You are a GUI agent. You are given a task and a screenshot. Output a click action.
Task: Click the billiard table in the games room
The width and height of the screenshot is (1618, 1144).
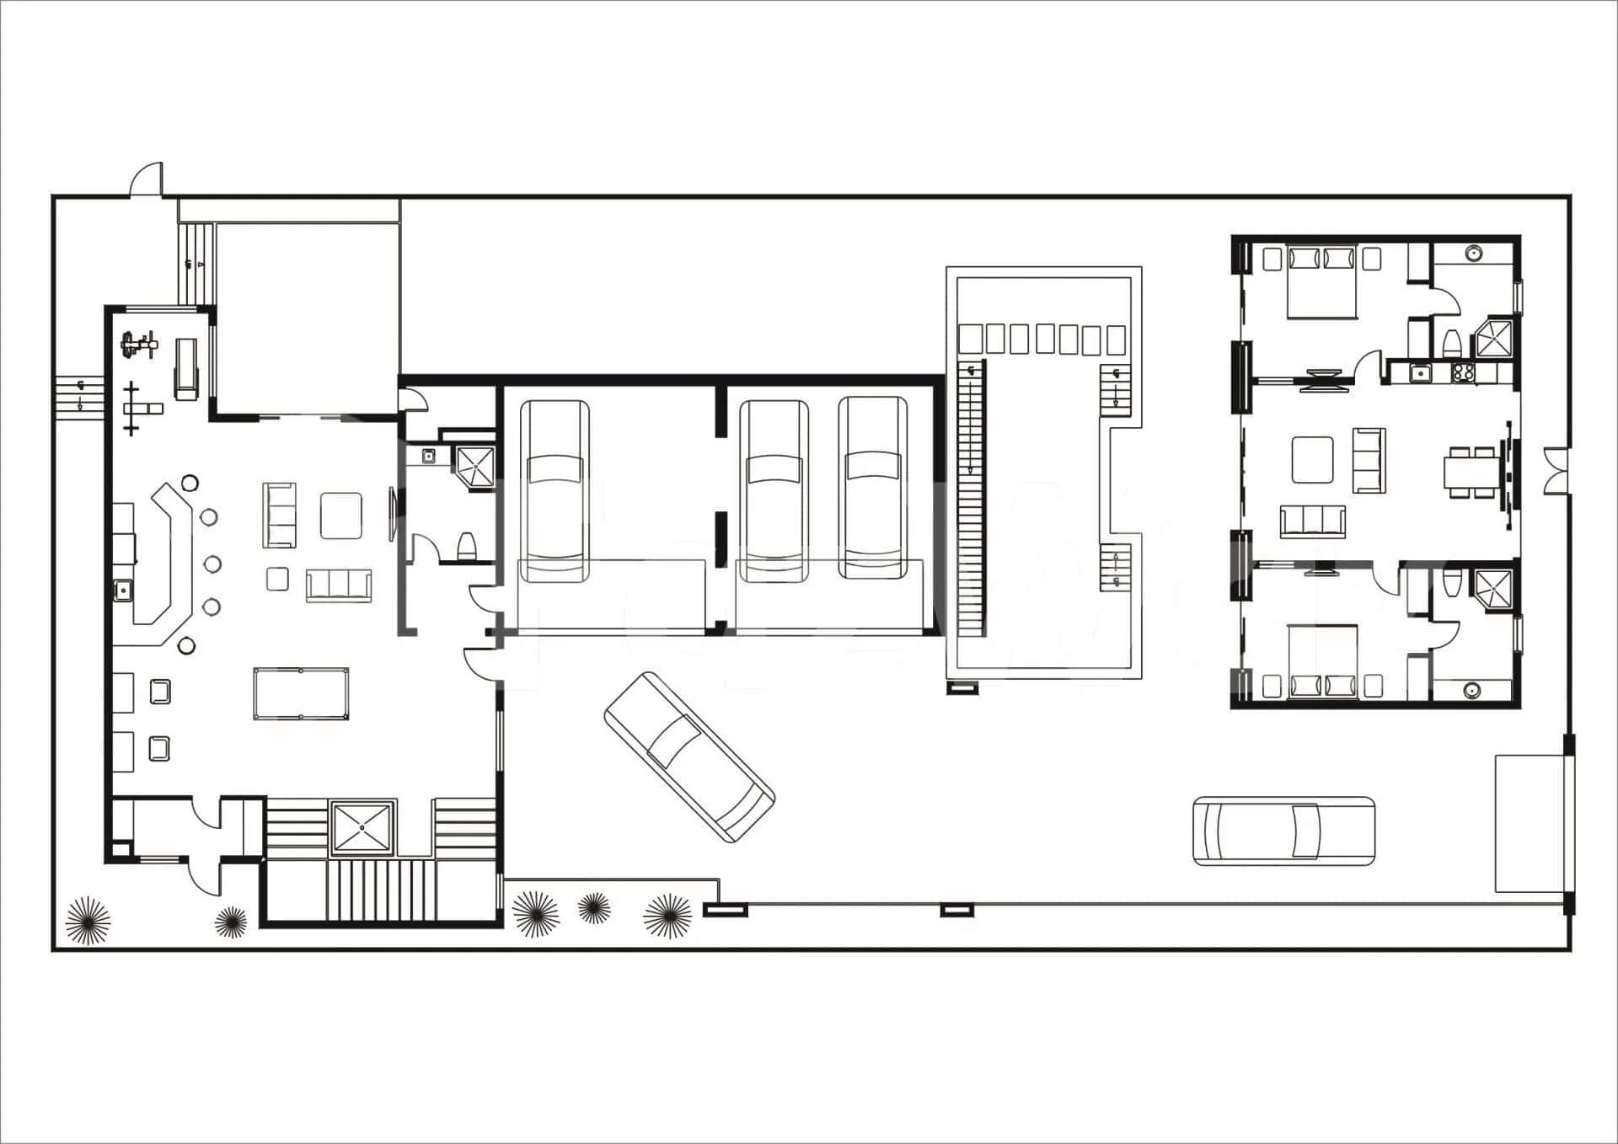301,693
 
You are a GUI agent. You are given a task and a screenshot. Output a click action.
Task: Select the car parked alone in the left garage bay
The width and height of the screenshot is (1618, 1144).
554,491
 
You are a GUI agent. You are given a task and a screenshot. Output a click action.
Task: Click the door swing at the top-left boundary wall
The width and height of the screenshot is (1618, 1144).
146,180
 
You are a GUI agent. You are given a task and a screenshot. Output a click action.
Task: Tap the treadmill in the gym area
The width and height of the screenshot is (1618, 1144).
185,369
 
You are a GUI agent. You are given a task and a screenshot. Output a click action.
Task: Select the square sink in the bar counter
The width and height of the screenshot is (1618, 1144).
123,590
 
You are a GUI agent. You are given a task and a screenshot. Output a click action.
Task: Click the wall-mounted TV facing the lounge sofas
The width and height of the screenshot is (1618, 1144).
392,513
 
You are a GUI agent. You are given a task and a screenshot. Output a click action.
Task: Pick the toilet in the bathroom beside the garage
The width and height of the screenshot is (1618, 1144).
467,545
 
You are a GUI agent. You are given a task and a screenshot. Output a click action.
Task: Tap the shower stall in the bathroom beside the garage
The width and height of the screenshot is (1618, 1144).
474,465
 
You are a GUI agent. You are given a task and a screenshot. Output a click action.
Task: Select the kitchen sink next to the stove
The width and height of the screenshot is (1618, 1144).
1421,372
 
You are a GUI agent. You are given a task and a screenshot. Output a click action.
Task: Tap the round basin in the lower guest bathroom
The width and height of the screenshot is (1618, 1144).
1471,690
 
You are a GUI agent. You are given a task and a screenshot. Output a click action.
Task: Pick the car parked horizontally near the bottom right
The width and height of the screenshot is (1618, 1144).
1283,830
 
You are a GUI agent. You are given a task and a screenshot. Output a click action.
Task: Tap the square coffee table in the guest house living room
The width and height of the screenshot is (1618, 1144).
1312,459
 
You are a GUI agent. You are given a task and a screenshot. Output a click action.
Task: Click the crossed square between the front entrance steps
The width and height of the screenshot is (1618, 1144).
362,827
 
